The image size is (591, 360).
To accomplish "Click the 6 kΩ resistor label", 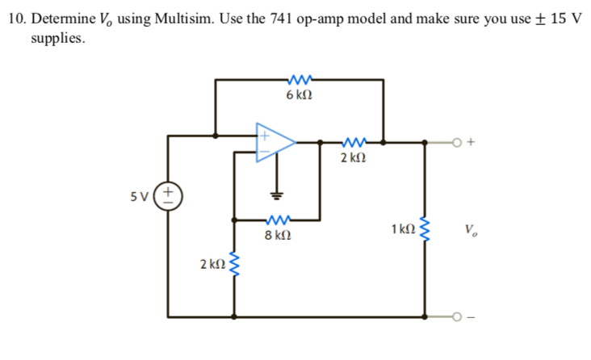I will [299, 95].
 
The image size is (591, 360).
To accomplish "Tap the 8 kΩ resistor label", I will [277, 237].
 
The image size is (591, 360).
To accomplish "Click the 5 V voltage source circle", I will [168, 196].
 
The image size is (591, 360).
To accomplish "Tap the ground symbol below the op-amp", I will [276, 195].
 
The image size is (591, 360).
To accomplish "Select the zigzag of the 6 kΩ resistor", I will [299, 79].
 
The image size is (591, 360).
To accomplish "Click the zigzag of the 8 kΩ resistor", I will [277, 220].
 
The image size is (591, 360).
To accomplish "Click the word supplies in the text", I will [57, 38].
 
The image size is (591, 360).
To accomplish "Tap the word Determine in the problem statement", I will [63, 19].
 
